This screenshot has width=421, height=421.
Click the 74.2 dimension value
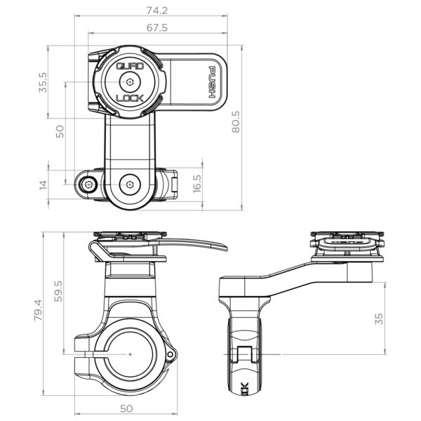click(157, 11)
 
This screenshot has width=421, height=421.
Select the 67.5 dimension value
click(157, 27)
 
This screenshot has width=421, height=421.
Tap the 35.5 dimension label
click(43, 82)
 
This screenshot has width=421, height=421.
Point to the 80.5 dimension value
click(236, 122)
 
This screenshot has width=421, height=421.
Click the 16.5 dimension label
click(197, 184)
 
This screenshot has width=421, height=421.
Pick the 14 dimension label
click(44, 185)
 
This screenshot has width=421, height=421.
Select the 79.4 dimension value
click(39, 310)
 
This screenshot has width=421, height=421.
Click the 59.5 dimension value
click(58, 291)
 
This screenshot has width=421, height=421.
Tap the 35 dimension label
click(379, 319)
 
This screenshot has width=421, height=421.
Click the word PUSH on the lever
click(212, 82)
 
